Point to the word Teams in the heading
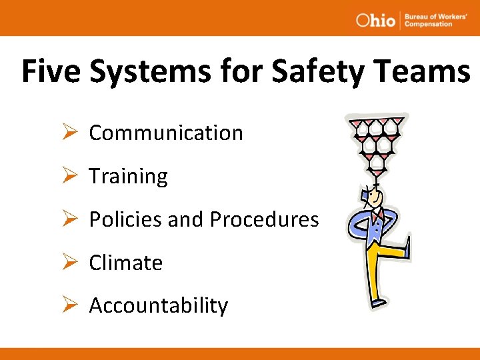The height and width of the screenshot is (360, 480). pyautogui.click(x=433, y=71)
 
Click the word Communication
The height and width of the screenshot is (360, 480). pyautogui.click(x=166, y=133)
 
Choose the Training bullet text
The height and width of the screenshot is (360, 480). pyautogui.click(x=128, y=177)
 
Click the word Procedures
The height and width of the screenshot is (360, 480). pyautogui.click(x=264, y=219)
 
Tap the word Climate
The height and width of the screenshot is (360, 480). pyautogui.click(x=125, y=263)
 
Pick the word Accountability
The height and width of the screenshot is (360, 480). pyautogui.click(x=158, y=306)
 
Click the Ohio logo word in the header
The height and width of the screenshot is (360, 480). pyautogui.click(x=375, y=20)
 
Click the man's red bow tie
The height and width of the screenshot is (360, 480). pyautogui.click(x=378, y=217)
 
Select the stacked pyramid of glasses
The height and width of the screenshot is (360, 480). pyautogui.click(x=378, y=142)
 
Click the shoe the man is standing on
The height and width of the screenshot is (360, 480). pyautogui.click(x=378, y=303)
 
